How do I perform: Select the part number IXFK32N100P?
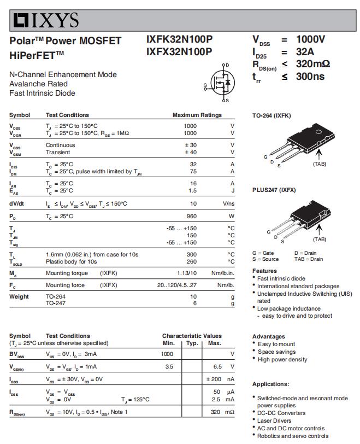[x=179, y=40]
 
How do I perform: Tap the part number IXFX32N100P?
[x=179, y=52]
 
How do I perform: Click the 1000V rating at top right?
[x=310, y=39]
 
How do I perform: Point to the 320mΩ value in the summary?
[x=313, y=64]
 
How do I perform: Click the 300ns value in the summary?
[x=310, y=77]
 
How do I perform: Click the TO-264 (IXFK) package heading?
[x=272, y=116]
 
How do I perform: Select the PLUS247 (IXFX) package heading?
[x=274, y=190]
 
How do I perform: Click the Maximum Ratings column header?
[x=197, y=115]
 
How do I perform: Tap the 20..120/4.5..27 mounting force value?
[x=177, y=285]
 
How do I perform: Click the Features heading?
[x=264, y=271]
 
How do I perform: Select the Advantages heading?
[x=268, y=336]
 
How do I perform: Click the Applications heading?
[x=270, y=384]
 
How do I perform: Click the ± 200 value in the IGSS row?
[x=214, y=379]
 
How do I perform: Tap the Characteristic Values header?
[x=192, y=336]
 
